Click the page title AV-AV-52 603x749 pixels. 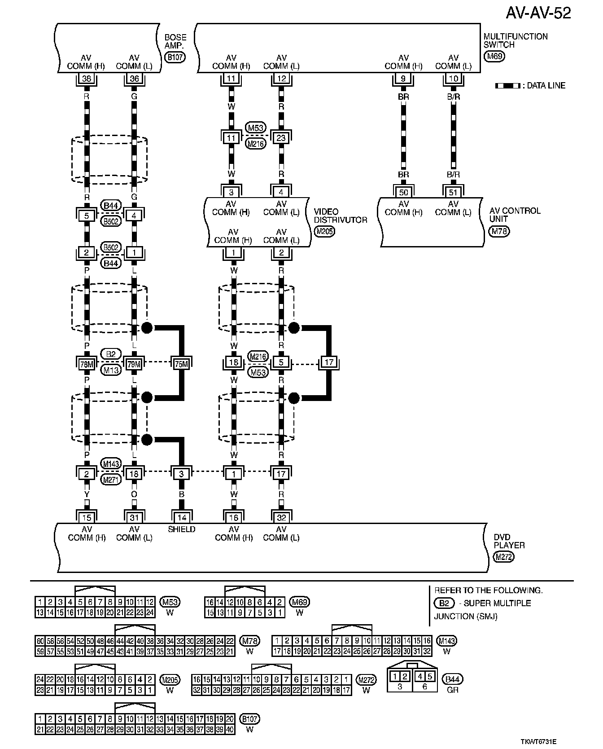pyautogui.click(x=538, y=13)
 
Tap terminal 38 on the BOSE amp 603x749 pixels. pyautogui.click(x=87, y=79)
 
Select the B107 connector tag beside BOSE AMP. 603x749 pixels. pyautogui.click(x=175, y=57)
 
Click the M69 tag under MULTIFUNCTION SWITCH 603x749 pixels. pyautogui.click(x=494, y=56)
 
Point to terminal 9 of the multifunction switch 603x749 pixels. pyautogui.click(x=403, y=79)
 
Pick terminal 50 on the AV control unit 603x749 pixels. pyautogui.click(x=403, y=192)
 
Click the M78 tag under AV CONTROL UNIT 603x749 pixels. pyautogui.click(x=499, y=231)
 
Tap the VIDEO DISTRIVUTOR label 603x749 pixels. pyautogui.click(x=340, y=216)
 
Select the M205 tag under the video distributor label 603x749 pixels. pyautogui.click(x=325, y=231)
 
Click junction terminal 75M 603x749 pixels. pyautogui.click(x=181, y=363)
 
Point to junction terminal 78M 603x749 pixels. pyautogui.click(x=87, y=363)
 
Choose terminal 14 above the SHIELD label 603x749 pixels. pyautogui.click(x=181, y=517)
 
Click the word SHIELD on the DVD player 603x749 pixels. pyautogui.click(x=181, y=529)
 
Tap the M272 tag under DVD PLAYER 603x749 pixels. pyautogui.click(x=503, y=557)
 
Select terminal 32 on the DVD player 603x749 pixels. pyautogui.click(x=281, y=517)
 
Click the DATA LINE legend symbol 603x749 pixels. pyautogui.click(x=507, y=85)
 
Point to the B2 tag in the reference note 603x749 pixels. pyautogui.click(x=444, y=603)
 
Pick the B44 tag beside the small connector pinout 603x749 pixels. pyautogui.click(x=452, y=679)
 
